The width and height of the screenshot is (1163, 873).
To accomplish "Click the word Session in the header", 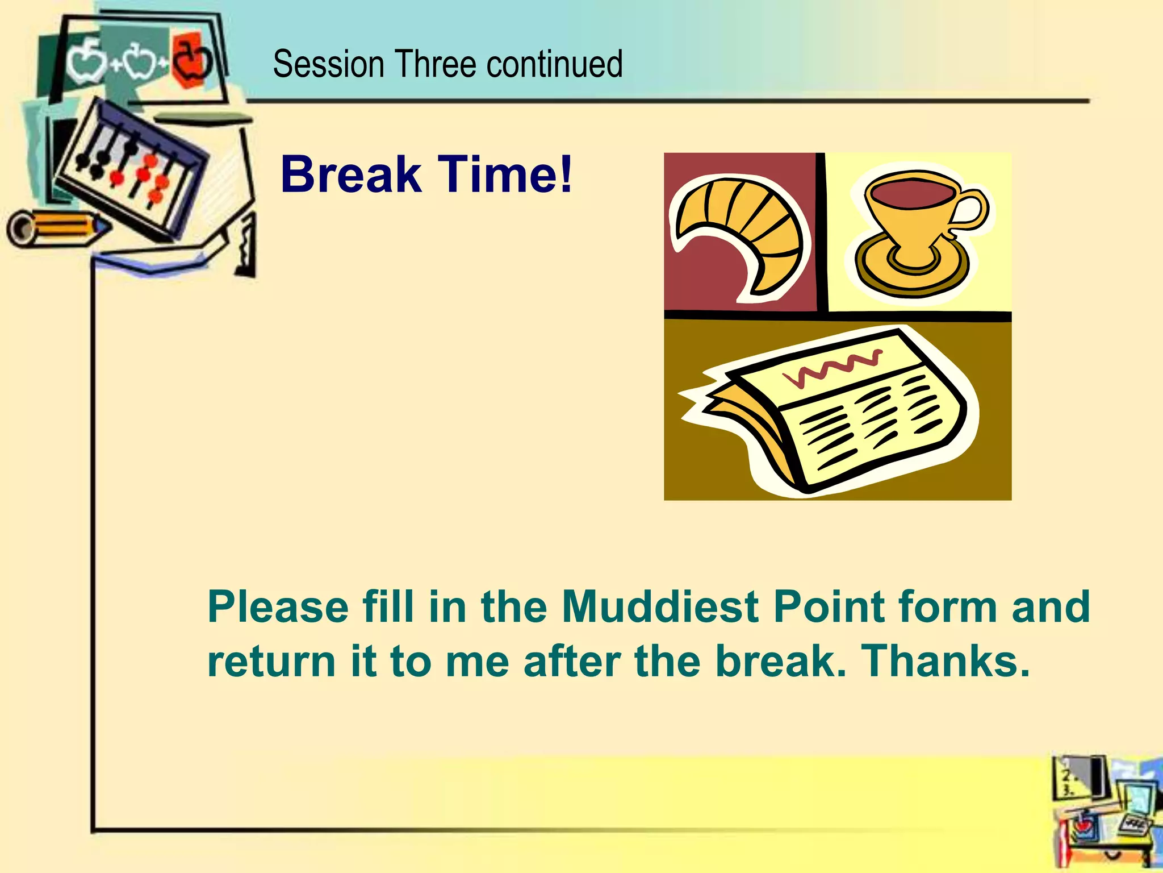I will point(328,64).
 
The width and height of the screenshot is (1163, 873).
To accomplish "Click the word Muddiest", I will point(659,606).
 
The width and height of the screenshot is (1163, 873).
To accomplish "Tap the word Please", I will point(278,606).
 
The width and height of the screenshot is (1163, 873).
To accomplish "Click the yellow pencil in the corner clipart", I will point(57,228).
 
